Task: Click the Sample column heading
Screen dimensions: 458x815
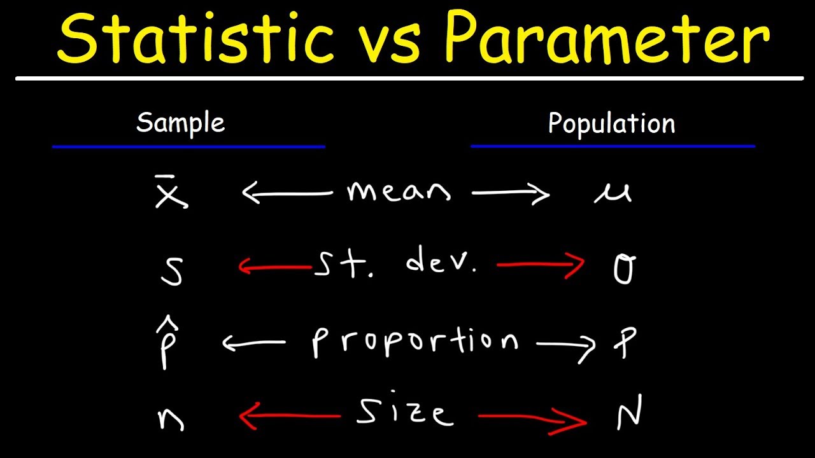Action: [x=180, y=122]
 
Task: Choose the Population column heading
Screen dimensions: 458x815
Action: [x=611, y=123]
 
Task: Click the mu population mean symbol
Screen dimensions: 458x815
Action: [x=612, y=192]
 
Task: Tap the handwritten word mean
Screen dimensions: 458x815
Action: [x=399, y=191]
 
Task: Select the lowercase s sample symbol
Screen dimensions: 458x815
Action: [x=171, y=270]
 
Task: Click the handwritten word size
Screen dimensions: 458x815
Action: [x=405, y=413]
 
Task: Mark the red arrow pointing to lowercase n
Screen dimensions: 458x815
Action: [x=290, y=417]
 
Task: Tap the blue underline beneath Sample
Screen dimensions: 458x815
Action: [x=188, y=146]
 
